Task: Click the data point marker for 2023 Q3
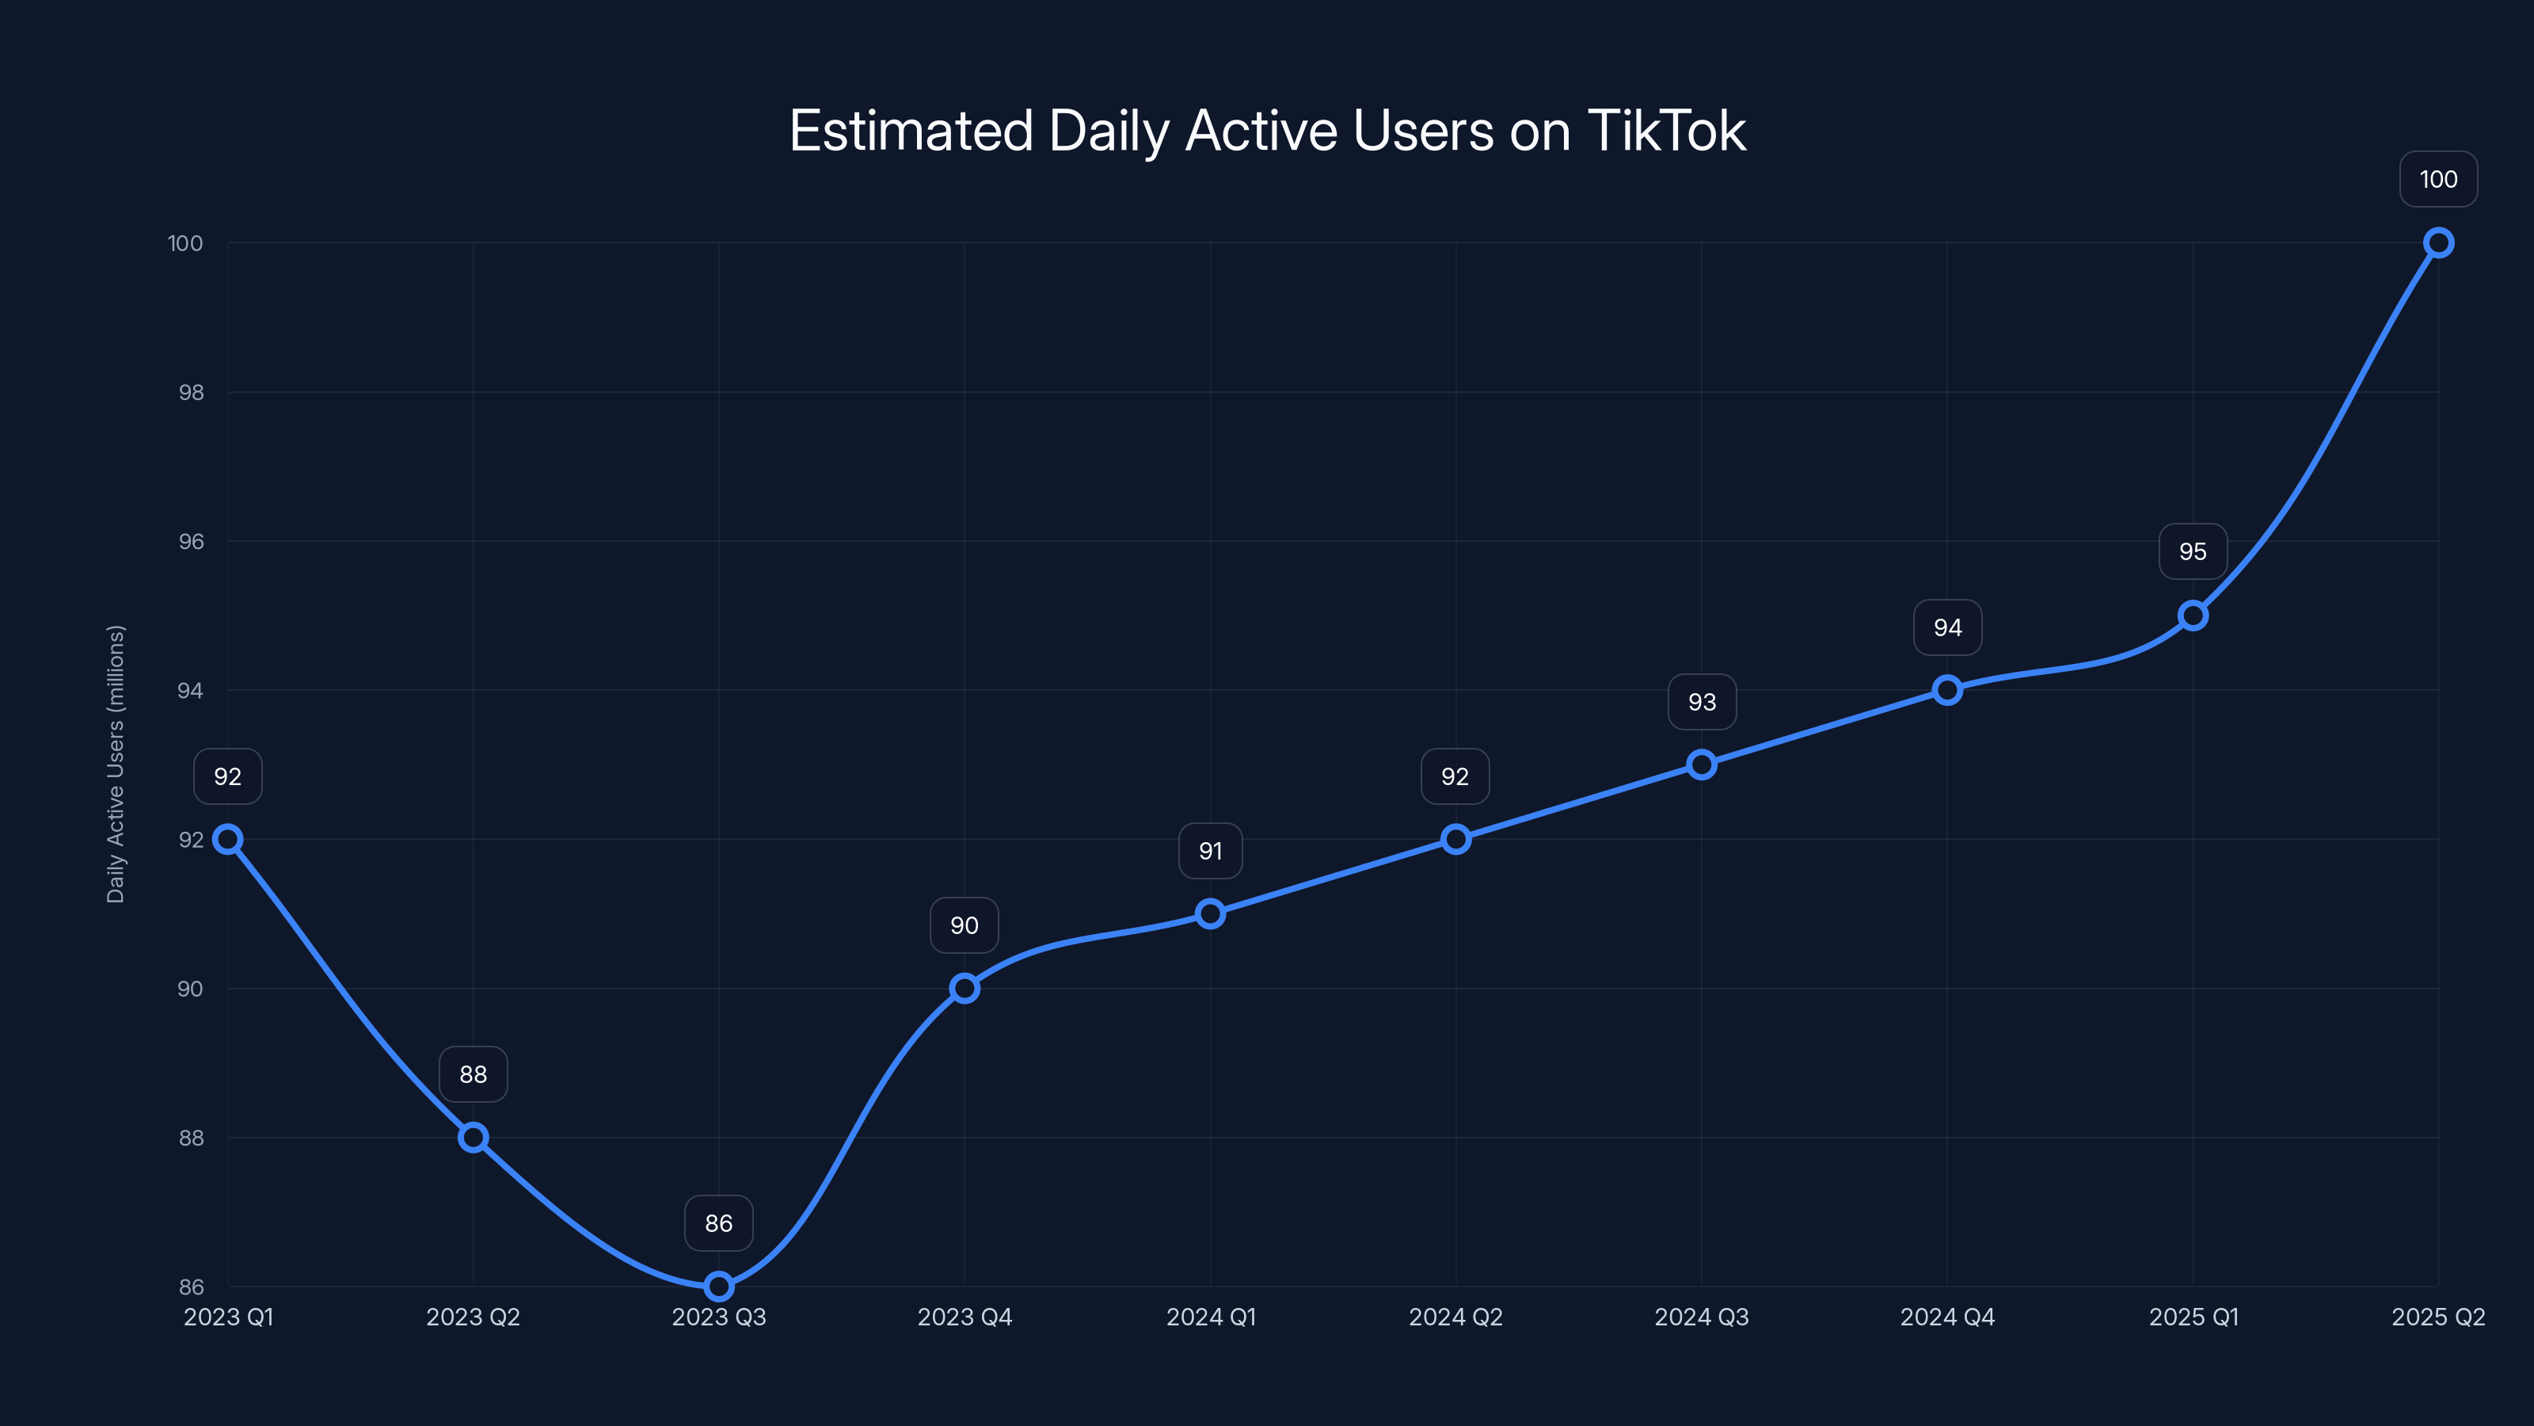click(719, 1287)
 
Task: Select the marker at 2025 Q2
click(2439, 243)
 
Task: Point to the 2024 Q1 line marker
click(1211, 914)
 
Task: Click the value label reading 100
click(2439, 179)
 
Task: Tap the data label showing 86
click(719, 1223)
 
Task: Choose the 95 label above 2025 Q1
click(2193, 552)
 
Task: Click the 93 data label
click(1702, 703)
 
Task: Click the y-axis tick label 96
click(191, 541)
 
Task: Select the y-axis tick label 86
click(191, 1287)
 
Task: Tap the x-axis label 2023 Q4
click(964, 1317)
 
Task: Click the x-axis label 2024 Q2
click(1456, 1317)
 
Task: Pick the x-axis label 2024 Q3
click(1702, 1317)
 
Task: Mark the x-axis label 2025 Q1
click(2193, 1317)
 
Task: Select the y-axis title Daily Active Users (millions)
click(116, 764)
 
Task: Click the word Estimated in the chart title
click(911, 131)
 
